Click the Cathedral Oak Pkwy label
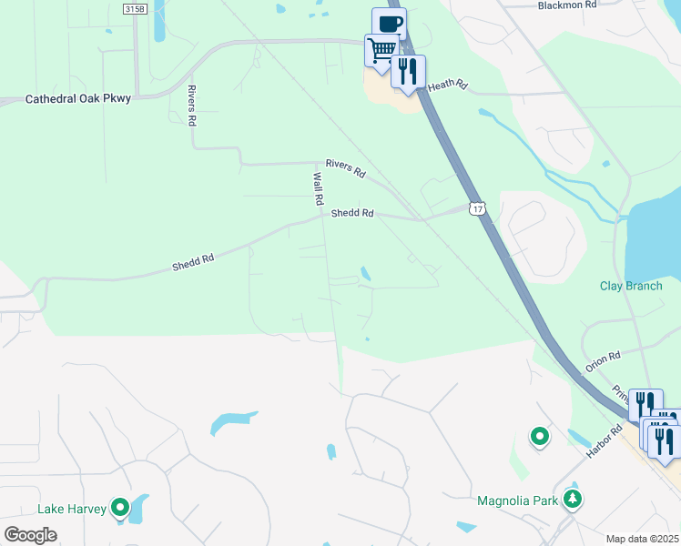pyautogui.click(x=77, y=98)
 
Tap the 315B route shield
pyautogui.click(x=136, y=8)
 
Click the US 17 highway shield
pyautogui.click(x=477, y=208)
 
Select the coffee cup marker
pyautogui.click(x=389, y=24)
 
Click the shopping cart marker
pyautogui.click(x=382, y=49)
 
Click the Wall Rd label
pyautogui.click(x=319, y=188)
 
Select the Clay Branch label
pyautogui.click(x=631, y=286)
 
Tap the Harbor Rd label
pyautogui.click(x=604, y=440)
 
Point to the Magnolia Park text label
pyautogui.click(x=516, y=500)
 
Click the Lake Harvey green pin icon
pyautogui.click(x=120, y=508)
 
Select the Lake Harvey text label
pyautogui.click(x=74, y=510)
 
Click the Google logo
pyautogui.click(x=30, y=535)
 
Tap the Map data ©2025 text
pyautogui.click(x=642, y=539)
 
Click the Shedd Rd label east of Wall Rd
pyautogui.click(x=352, y=213)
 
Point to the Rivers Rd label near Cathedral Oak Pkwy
pyautogui.click(x=192, y=106)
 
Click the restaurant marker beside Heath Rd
pyautogui.click(x=408, y=71)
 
